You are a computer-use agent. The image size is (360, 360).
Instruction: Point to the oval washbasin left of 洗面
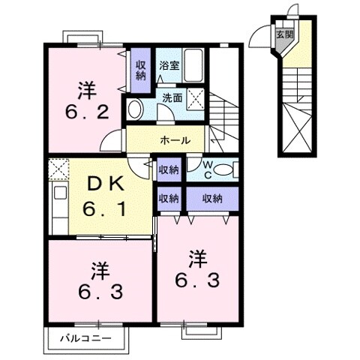click(x=136, y=109)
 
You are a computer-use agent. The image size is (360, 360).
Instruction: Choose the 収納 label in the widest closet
click(x=211, y=198)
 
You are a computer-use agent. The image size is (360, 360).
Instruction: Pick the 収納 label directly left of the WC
click(x=168, y=170)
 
